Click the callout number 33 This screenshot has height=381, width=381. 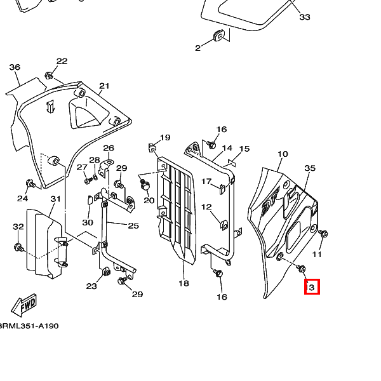point(305,17)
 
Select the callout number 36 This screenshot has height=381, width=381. point(15,67)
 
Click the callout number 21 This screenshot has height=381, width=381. point(104,86)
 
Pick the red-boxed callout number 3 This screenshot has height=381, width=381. point(311,287)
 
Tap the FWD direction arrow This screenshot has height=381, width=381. point(25,305)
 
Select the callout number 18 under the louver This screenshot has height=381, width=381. point(183,283)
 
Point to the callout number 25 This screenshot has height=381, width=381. point(133,225)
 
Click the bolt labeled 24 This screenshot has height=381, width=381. point(29,184)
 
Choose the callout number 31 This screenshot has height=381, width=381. point(55,199)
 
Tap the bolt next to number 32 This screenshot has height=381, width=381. point(18,245)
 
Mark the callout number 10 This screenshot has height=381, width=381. point(283,154)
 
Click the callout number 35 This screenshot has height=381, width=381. point(310,168)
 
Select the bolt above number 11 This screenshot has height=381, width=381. point(322,234)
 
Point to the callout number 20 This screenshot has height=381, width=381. point(149,201)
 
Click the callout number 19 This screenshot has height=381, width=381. point(165,137)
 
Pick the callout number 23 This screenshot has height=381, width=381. point(91,286)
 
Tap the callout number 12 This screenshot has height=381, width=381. point(206,207)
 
